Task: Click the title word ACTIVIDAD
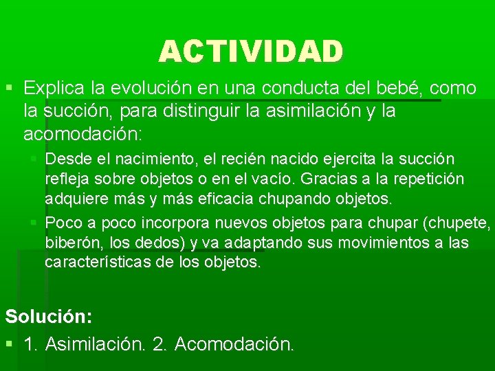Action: click(x=251, y=51)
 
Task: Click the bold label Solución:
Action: click(x=49, y=316)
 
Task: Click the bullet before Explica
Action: click(x=8, y=89)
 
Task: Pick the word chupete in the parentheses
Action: click(x=460, y=223)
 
